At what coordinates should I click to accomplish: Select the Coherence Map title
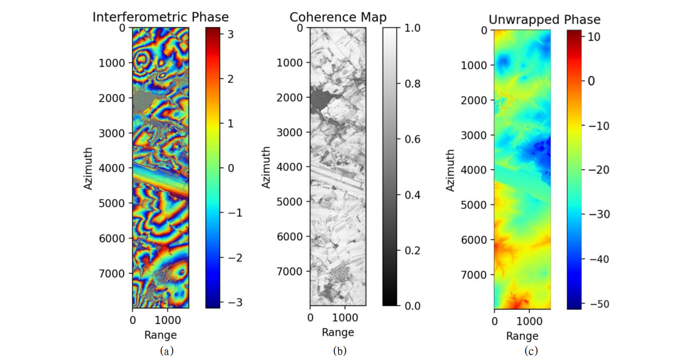click(x=338, y=17)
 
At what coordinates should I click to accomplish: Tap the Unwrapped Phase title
click(x=544, y=19)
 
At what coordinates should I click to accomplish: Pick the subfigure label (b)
click(x=340, y=350)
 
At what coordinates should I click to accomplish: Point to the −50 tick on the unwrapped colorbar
click(x=595, y=304)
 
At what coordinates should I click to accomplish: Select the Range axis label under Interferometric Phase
click(x=160, y=335)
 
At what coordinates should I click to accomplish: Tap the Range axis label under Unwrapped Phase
click(x=522, y=336)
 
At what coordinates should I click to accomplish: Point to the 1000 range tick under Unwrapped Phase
click(x=529, y=321)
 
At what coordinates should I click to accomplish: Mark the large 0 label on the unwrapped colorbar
click(x=590, y=81)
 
